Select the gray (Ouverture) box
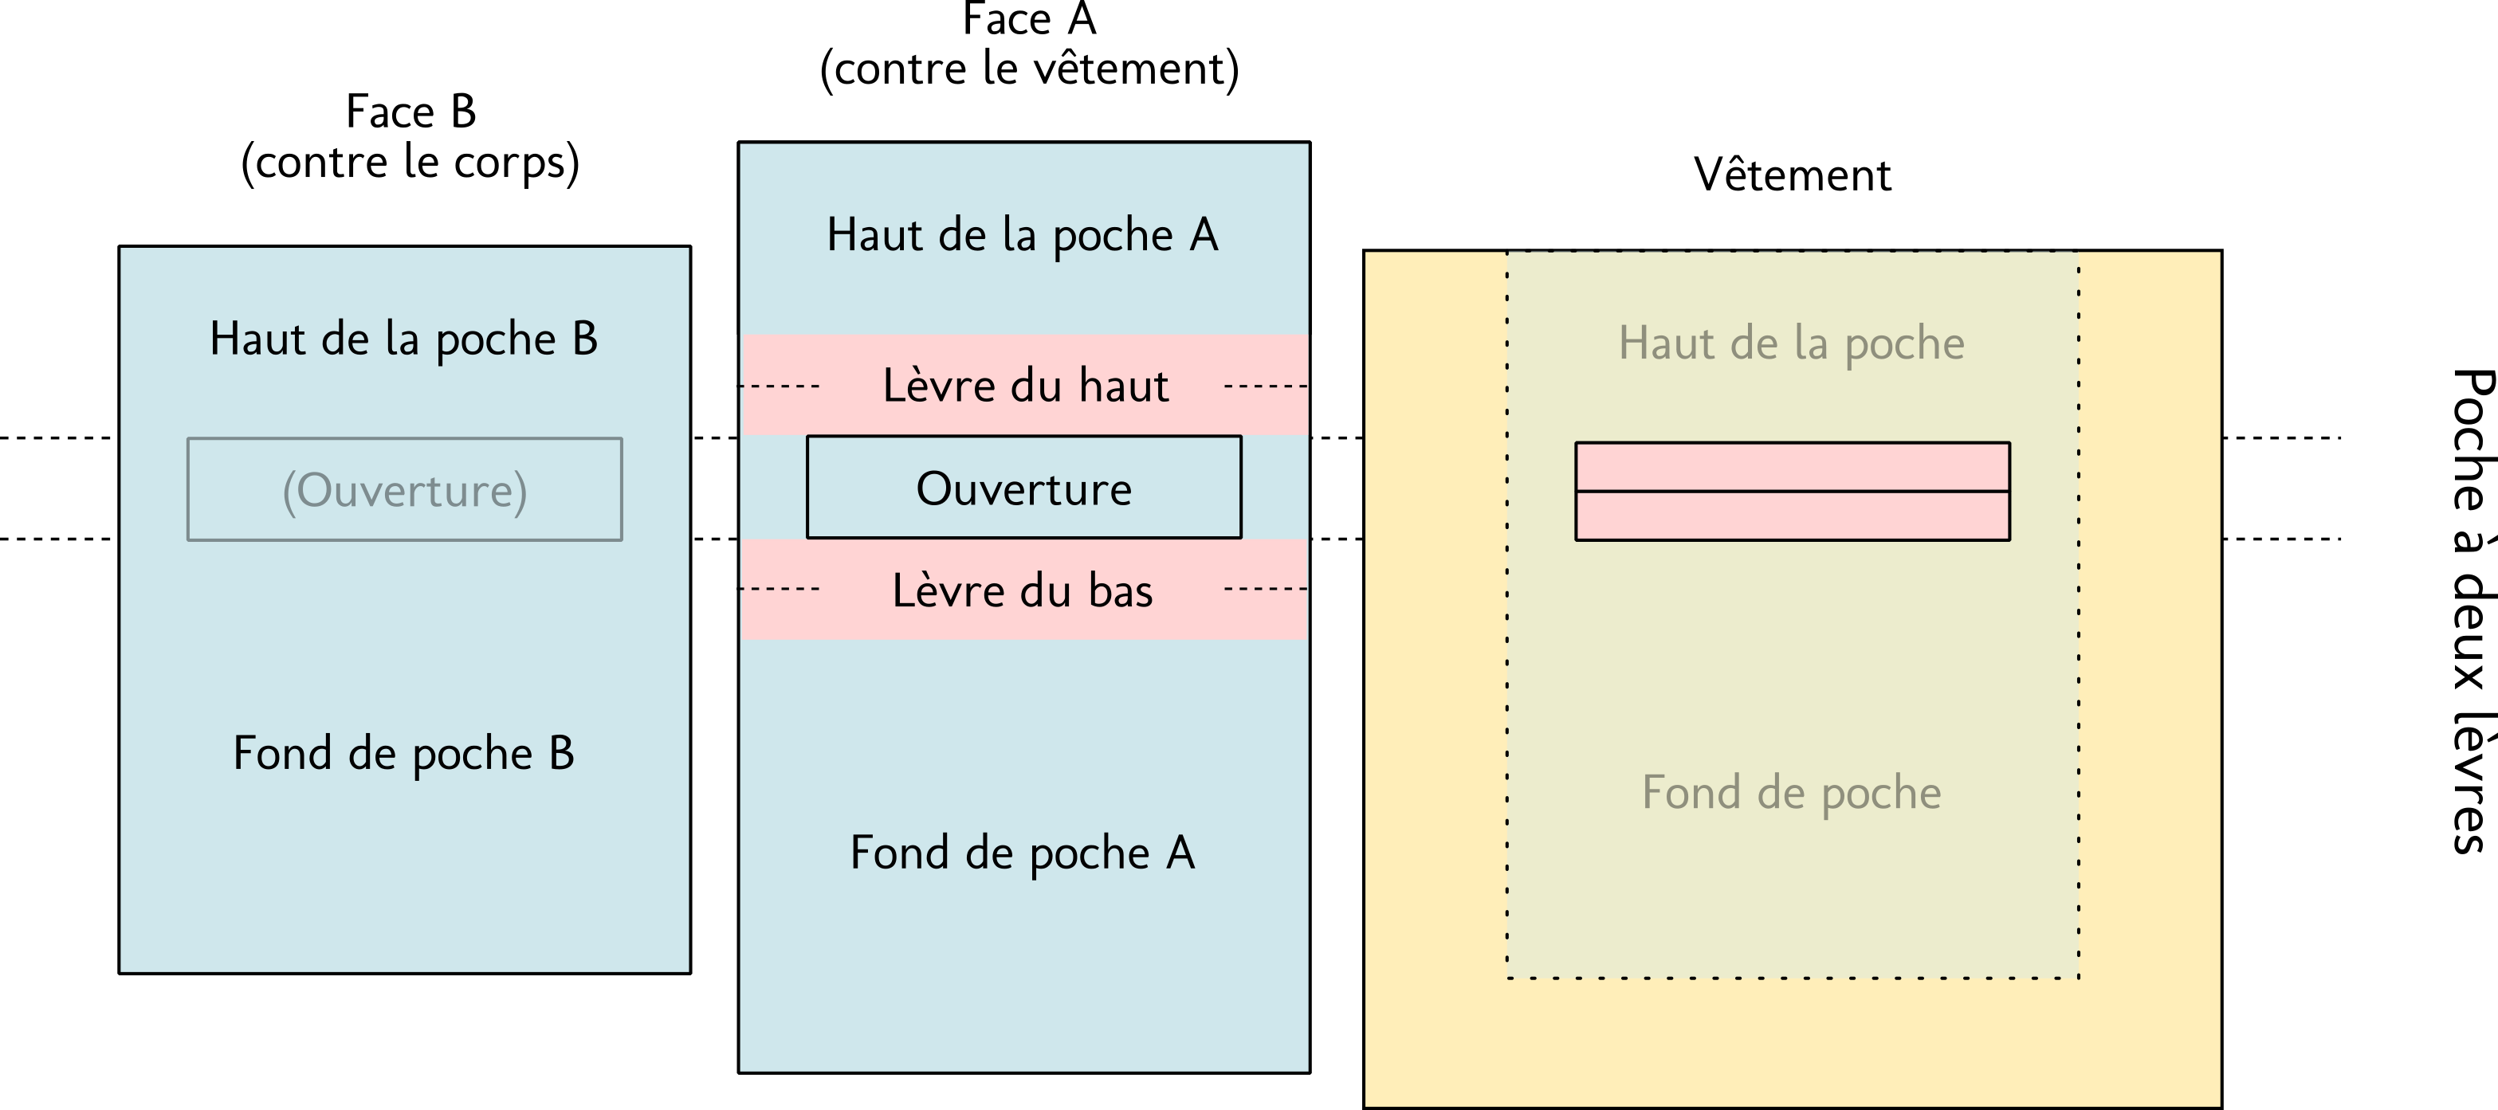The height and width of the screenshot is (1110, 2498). [x=404, y=489]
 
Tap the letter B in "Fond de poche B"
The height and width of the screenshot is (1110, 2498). [x=561, y=753]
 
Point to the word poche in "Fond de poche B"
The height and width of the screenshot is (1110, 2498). [x=472, y=755]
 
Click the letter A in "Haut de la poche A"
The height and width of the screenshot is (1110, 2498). [x=1204, y=236]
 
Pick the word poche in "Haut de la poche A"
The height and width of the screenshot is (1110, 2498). [x=1112, y=237]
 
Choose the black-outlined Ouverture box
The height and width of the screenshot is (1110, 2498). [x=1024, y=488]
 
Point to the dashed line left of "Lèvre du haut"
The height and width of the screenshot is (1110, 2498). [x=780, y=386]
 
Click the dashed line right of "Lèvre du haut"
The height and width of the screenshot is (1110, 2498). [x=1267, y=386]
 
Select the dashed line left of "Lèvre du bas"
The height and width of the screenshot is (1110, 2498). [x=780, y=588]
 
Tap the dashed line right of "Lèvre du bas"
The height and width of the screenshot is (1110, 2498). [x=1267, y=588]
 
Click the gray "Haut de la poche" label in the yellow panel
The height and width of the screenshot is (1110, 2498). [x=1791, y=344]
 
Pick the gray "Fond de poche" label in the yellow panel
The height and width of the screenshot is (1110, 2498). [x=1791, y=793]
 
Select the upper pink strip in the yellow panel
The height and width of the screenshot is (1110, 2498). [x=1792, y=467]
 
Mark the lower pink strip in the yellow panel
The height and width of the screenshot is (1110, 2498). [x=1792, y=516]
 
